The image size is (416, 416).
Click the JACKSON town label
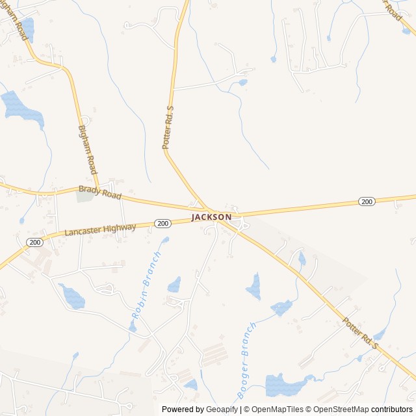(211, 216)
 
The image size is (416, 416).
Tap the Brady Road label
(100, 192)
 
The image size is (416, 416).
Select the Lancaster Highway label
(100, 229)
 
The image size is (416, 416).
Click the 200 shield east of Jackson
(367, 201)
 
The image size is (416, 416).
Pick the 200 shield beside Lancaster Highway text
(162, 223)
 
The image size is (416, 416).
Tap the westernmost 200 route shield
(34, 242)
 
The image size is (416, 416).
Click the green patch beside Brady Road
(84, 196)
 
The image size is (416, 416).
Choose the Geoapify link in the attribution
(222, 409)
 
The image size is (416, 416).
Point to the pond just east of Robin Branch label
(174, 285)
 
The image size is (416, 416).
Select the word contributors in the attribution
(392, 409)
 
